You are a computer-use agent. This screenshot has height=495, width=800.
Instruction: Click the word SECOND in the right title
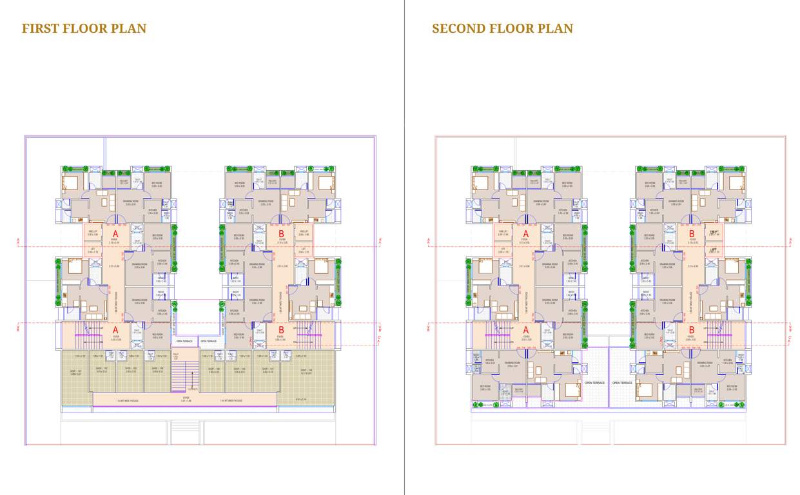(459, 28)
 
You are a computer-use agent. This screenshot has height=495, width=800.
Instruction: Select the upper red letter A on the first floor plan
(116, 234)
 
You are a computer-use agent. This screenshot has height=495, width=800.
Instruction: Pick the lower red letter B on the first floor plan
(281, 331)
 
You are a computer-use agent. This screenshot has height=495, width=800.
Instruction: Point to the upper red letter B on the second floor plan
(692, 234)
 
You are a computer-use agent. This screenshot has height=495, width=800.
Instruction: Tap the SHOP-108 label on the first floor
(306, 371)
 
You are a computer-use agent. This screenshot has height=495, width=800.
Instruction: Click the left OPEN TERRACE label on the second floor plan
(593, 383)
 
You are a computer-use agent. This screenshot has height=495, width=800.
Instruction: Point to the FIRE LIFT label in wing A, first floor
(93, 233)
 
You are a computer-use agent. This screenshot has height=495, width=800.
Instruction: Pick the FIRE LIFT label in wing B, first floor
(304, 233)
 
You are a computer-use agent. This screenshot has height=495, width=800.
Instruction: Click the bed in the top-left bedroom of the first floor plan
(70, 182)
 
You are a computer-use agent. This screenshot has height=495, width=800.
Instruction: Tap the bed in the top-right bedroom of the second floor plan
(736, 182)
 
